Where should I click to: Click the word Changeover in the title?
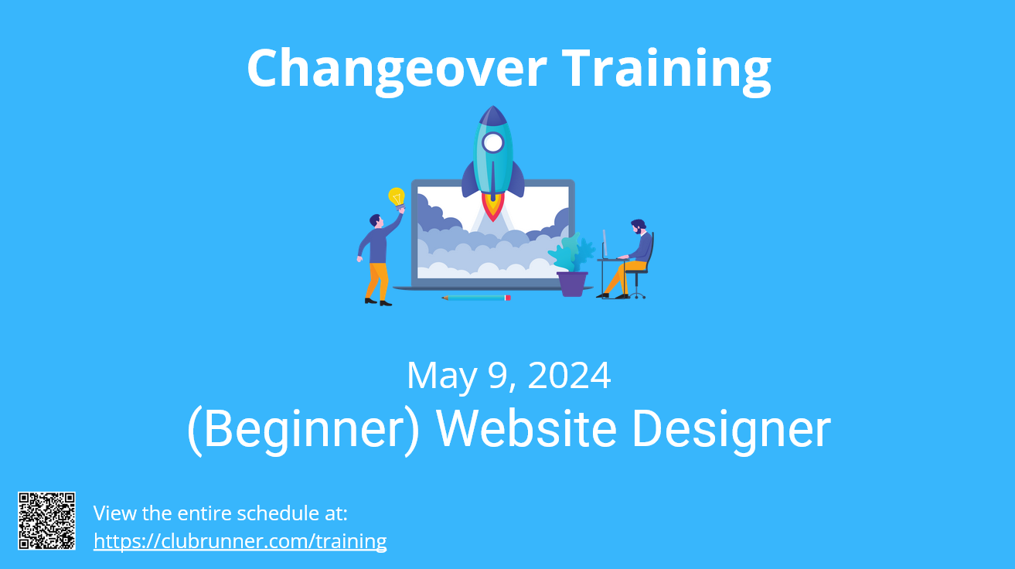pos(397,70)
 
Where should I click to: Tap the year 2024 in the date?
pos(569,376)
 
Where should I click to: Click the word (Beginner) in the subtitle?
pos(304,429)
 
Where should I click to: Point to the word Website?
pos(526,428)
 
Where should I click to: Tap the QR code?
pos(46,520)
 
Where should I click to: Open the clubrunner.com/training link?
pos(240,541)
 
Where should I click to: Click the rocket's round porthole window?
pos(492,143)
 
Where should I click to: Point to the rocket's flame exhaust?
pos(493,206)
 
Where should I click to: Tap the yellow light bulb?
pos(397,198)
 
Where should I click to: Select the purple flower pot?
pos(572,284)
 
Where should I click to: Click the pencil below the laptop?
pos(476,298)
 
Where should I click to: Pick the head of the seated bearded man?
pos(639,227)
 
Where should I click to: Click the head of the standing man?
pos(376,221)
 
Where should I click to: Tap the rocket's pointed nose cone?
pos(493,116)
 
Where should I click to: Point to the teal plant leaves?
pos(572,253)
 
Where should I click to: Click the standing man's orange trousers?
pos(377,281)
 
